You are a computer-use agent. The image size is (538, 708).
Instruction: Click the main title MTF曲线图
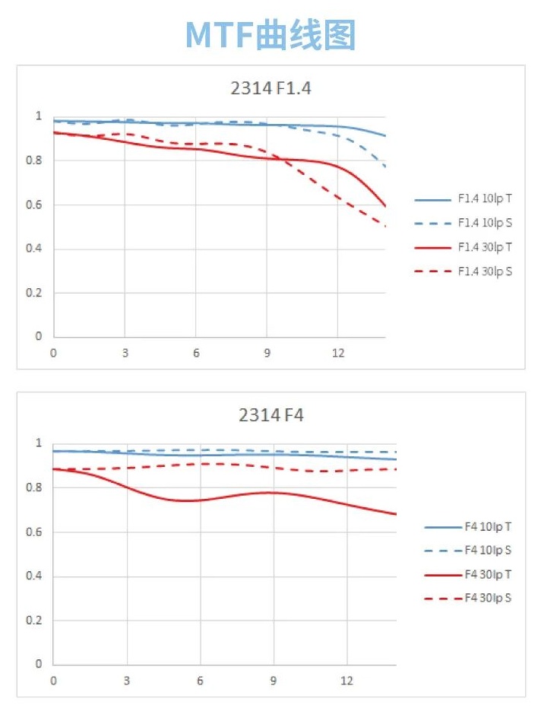coord(271,35)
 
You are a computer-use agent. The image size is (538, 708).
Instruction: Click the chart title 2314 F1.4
coord(271,88)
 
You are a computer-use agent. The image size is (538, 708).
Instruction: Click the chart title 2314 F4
coord(271,415)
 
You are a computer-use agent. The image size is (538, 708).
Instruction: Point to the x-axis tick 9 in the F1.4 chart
coord(267,354)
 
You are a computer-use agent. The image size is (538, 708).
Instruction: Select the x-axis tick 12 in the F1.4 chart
coord(338,354)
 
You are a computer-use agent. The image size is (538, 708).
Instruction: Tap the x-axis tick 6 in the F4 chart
coord(200,681)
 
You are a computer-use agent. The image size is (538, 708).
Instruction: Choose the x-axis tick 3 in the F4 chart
coord(127,681)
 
